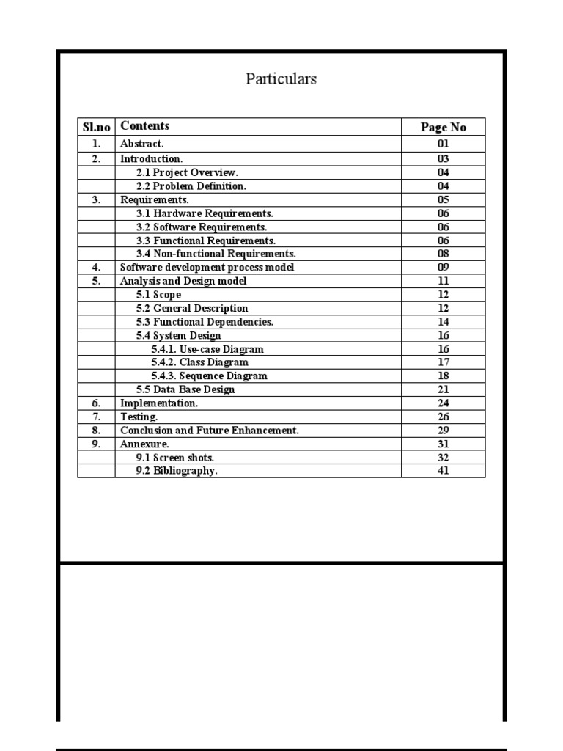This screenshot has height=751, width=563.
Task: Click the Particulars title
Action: pyautogui.click(x=281, y=79)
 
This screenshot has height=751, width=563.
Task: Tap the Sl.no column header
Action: pyautogui.click(x=96, y=127)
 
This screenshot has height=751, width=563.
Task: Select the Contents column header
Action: pyautogui.click(x=144, y=126)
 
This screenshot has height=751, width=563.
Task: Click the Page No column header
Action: pyautogui.click(x=443, y=127)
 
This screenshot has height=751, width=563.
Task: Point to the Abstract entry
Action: pyautogui.click(x=142, y=144)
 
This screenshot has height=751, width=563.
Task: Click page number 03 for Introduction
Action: pyautogui.click(x=443, y=158)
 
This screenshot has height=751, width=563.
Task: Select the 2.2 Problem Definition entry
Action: pyautogui.click(x=191, y=186)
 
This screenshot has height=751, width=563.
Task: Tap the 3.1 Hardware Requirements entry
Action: pyautogui.click(x=205, y=213)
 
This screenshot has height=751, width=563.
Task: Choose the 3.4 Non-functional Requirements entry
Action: pyautogui.click(x=216, y=254)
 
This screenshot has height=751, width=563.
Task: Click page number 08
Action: pyautogui.click(x=443, y=254)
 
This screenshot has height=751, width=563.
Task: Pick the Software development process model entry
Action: pyautogui.click(x=207, y=268)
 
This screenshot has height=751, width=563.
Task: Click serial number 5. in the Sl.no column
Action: pyautogui.click(x=96, y=281)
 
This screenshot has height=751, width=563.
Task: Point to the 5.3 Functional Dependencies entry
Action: pyautogui.click(x=205, y=322)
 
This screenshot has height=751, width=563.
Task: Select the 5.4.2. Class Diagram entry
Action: pyautogui.click(x=199, y=362)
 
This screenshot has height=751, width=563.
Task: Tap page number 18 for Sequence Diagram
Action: pyautogui.click(x=443, y=375)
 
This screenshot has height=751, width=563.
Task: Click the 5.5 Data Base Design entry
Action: pyautogui.click(x=185, y=389)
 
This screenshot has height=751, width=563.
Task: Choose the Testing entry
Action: pyautogui.click(x=139, y=417)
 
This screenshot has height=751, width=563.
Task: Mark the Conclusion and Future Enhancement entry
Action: pyautogui.click(x=209, y=431)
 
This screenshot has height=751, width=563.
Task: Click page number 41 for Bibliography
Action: pyautogui.click(x=443, y=471)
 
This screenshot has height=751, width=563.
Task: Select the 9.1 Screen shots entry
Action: pyautogui.click(x=175, y=458)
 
